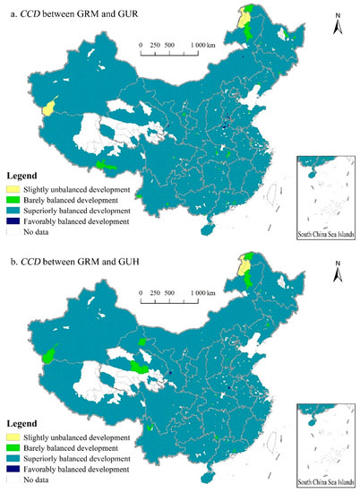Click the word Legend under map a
[x=21, y=177]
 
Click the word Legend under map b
[x=21, y=423]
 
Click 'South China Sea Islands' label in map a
[x=326, y=237]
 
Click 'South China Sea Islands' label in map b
[x=326, y=483]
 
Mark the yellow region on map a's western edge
[x=48, y=108]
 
